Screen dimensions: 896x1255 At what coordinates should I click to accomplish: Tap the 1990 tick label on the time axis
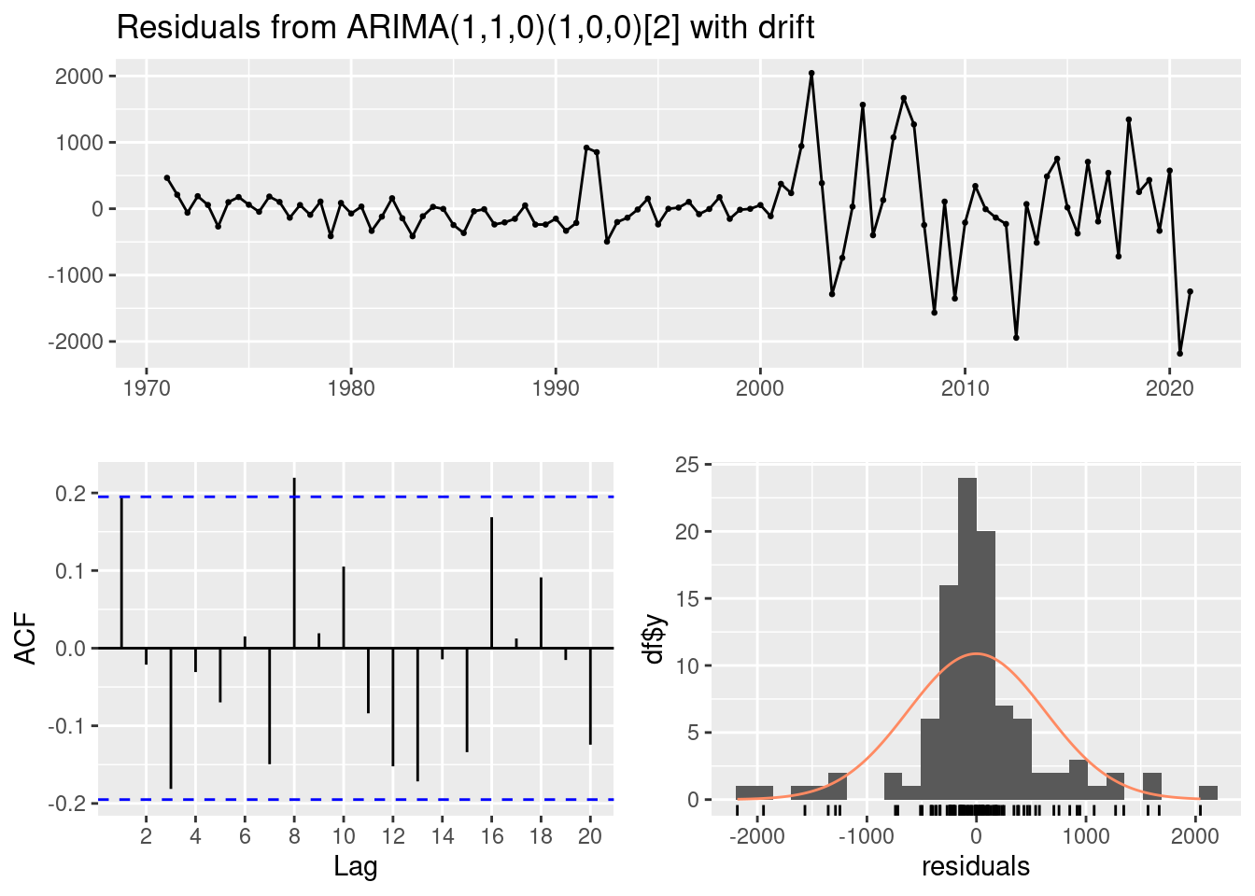(556, 387)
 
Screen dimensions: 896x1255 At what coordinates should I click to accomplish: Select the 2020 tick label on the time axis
(1169, 387)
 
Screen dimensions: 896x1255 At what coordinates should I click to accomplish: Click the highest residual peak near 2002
(811, 73)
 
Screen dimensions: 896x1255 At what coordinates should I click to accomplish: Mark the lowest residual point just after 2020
(1179, 354)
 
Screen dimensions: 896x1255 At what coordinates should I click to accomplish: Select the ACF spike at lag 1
(121, 572)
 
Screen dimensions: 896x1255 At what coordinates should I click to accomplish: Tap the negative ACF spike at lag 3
(171, 718)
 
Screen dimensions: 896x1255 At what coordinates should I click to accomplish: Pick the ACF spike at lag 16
(491, 582)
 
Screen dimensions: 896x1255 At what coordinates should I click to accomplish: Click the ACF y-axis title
(28, 638)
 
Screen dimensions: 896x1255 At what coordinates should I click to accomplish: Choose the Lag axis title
(356, 867)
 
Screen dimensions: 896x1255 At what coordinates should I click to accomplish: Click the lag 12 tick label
(393, 835)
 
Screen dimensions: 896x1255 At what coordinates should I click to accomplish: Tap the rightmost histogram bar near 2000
(1207, 792)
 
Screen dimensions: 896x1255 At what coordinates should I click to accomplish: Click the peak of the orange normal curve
(976, 653)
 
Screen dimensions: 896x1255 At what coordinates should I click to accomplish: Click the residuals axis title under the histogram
(976, 867)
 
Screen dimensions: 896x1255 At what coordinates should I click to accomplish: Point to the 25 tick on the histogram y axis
(686, 464)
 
